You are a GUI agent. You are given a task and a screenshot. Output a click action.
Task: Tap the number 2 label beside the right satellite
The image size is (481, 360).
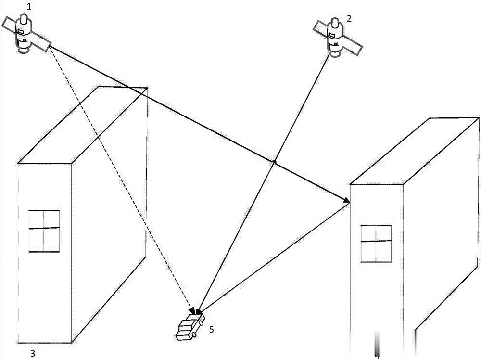tap(349, 19)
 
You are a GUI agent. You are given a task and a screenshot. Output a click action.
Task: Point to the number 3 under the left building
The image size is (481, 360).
tap(33, 353)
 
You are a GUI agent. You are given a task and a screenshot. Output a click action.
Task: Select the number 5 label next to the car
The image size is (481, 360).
tap(211, 329)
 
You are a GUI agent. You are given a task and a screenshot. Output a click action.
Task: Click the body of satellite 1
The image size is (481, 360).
tap(23, 33)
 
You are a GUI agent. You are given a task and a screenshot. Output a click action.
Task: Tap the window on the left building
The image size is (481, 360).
tap(44, 231)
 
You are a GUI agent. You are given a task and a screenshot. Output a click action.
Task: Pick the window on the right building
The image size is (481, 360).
tap(376, 244)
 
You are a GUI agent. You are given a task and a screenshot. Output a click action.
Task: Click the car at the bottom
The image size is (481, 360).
tap(189, 327)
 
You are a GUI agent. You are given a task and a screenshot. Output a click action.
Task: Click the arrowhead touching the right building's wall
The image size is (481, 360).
tap(346, 200)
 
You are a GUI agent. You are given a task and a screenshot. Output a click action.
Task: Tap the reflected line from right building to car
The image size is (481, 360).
tap(274, 256)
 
